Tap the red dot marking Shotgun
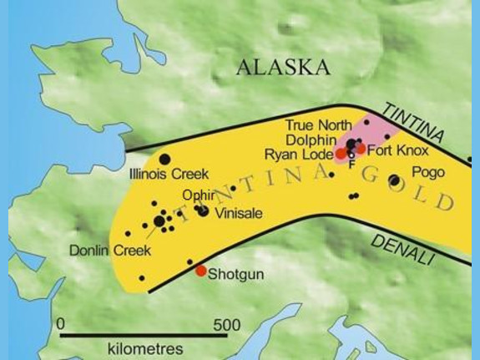(x=200, y=271)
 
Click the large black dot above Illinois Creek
(x=164, y=159)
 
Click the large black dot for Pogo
(x=394, y=180)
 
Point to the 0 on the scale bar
(x=60, y=323)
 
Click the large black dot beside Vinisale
(x=203, y=210)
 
